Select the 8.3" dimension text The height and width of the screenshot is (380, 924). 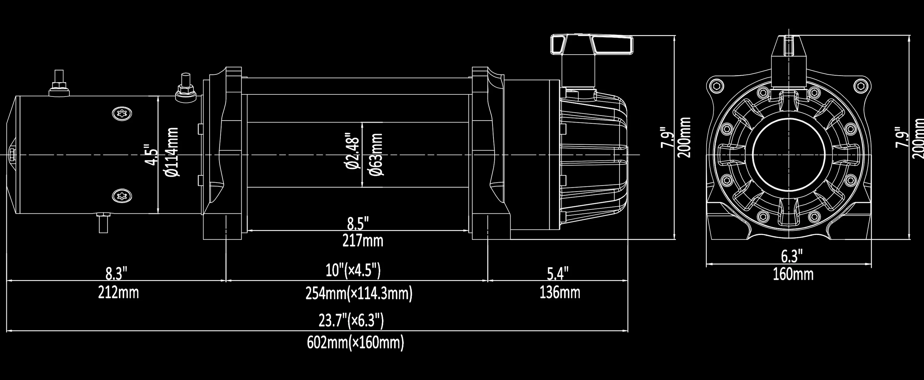click(x=116, y=274)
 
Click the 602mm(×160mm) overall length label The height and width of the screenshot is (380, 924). click(x=355, y=342)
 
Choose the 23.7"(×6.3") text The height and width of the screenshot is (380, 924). click(x=351, y=321)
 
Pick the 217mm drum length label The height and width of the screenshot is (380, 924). click(x=363, y=240)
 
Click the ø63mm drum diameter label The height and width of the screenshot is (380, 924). click(x=377, y=155)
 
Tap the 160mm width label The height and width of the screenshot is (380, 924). click(x=793, y=275)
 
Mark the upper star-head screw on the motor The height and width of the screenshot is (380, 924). click(x=122, y=114)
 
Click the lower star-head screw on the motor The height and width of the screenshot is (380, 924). click(x=122, y=196)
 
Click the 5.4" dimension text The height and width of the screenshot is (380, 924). click(x=558, y=274)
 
